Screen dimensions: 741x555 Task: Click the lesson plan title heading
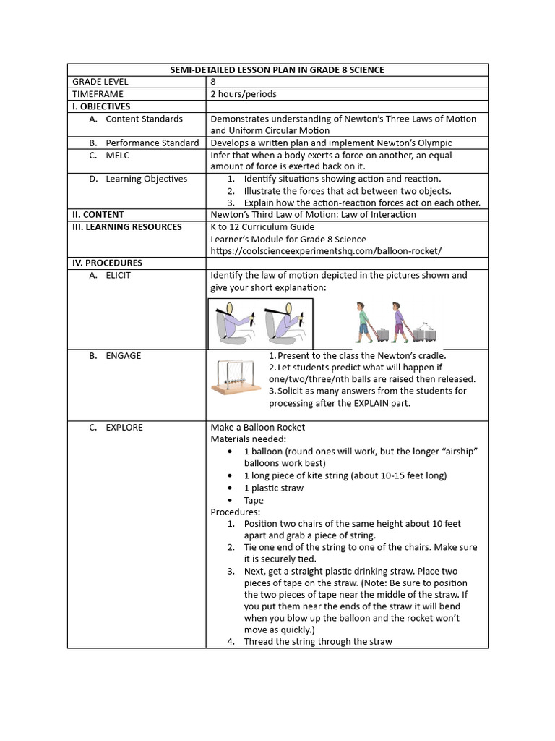tap(277, 69)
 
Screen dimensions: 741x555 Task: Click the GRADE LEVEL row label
tap(99, 82)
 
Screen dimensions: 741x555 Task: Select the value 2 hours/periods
tap(243, 94)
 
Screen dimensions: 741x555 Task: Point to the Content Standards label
tap(144, 119)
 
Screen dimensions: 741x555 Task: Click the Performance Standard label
tap(152, 143)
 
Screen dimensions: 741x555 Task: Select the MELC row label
tap(120, 155)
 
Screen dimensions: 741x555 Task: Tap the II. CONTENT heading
tap(98, 215)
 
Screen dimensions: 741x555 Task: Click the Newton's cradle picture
tap(236, 377)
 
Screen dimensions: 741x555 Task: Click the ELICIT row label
tap(118, 276)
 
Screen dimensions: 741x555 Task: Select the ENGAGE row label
tap(123, 356)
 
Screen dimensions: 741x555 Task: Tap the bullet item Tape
tap(254, 500)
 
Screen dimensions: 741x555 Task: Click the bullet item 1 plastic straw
tap(273, 488)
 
